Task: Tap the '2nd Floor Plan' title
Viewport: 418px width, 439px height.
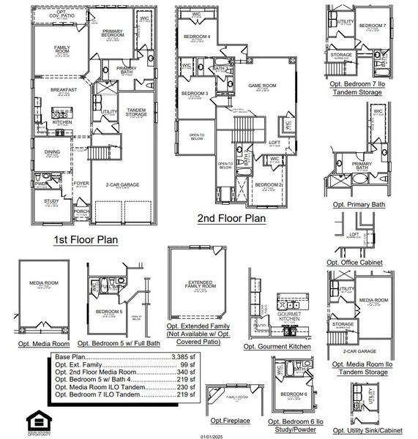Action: tap(232, 217)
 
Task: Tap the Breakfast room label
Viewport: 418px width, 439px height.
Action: tap(63, 90)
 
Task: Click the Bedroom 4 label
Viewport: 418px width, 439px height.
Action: tap(195, 36)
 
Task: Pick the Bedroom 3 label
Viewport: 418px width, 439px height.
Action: tap(194, 94)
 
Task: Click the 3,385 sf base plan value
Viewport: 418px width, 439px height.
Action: tap(182, 356)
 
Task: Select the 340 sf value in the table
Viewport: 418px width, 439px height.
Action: tap(186, 372)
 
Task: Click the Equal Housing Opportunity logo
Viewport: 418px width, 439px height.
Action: tap(36, 419)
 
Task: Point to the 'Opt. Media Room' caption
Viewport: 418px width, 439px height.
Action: tap(44, 343)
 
